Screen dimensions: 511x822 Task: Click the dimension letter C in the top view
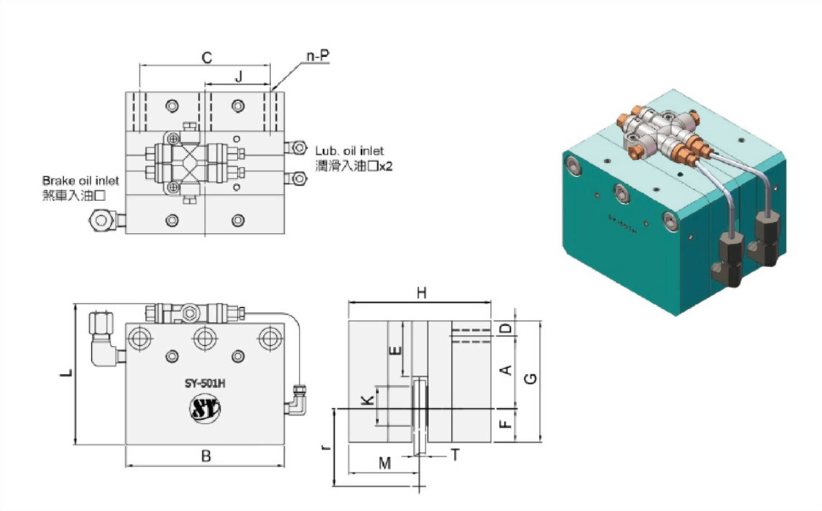pos(207,58)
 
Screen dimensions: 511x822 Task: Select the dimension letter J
pos(238,76)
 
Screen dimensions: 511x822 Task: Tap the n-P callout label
pos(317,56)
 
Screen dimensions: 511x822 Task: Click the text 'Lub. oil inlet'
pos(349,151)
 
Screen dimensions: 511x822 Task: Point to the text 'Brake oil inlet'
pos(80,181)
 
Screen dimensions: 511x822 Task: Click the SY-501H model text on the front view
pos(205,384)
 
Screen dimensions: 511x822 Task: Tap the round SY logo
pos(205,409)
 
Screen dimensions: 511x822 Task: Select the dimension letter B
pos(206,456)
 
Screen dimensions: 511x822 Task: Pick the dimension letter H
pos(421,293)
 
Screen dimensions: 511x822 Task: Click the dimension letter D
pos(505,328)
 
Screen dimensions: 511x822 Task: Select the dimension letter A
pos(506,371)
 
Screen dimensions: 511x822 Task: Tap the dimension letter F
pos(505,421)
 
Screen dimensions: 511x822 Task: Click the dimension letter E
pos(396,350)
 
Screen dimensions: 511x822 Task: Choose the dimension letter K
pos(367,400)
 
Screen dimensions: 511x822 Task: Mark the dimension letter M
pos(384,463)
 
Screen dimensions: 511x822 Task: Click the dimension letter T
pos(455,455)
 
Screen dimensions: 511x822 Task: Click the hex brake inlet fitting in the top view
pos(101,220)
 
